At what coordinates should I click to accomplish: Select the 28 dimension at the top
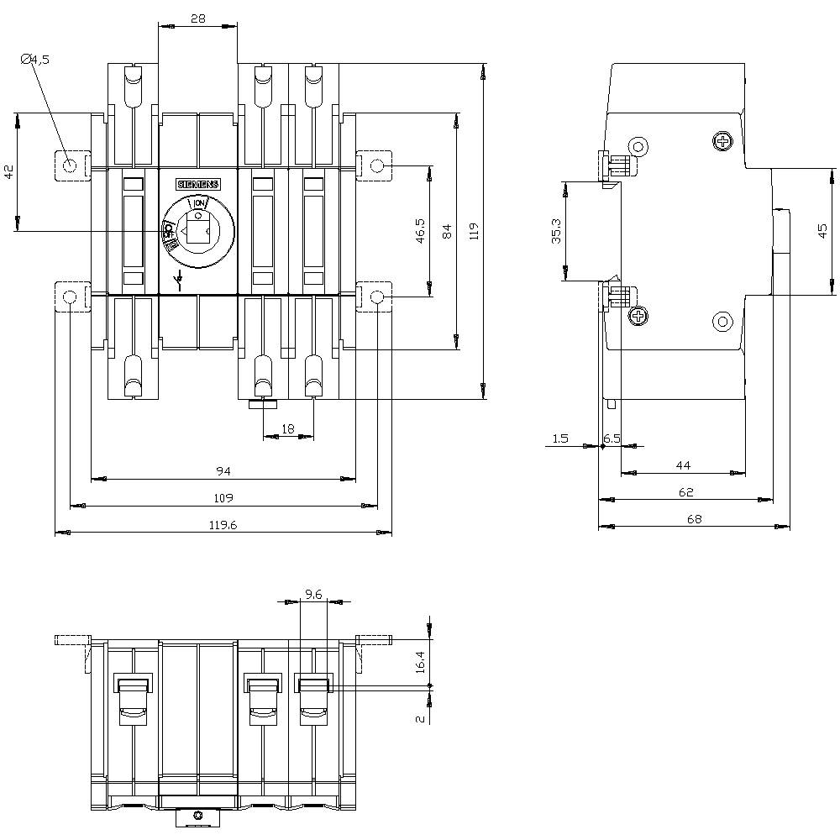197,18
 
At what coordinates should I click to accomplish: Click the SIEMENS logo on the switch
197,185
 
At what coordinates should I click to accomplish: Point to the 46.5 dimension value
421,231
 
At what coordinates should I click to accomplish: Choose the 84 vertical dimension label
447,231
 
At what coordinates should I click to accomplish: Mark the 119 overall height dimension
474,231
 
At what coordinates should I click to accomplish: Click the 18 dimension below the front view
288,429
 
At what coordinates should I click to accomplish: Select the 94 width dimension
223,471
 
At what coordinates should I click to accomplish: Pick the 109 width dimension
223,498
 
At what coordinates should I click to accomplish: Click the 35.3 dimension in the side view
556,230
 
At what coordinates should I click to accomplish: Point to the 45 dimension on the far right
822,231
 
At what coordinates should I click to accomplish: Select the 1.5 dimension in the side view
561,438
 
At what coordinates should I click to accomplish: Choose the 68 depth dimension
694,519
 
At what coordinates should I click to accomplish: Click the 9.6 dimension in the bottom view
313,594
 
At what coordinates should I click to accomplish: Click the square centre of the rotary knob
198,229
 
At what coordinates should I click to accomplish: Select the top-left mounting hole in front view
71,165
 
